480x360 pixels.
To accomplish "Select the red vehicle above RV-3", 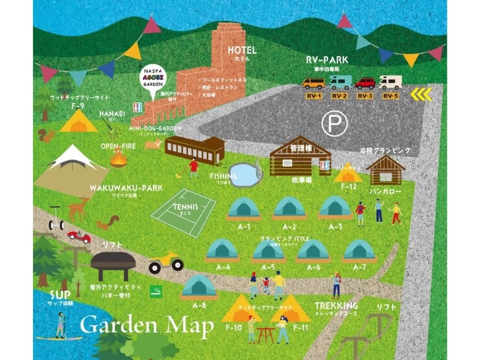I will click(365, 83).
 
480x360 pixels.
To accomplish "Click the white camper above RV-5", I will click(390, 82).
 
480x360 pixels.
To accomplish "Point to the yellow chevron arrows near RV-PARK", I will click(424, 95).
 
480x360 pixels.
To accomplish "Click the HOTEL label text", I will click(242, 50).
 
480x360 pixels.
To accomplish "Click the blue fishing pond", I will click(243, 173).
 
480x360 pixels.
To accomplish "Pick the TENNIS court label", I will click(183, 206).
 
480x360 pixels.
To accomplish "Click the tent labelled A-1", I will click(244, 208).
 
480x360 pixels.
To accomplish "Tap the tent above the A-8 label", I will click(199, 286).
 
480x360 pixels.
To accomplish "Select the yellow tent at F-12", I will click(348, 173).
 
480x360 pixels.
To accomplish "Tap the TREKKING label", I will click(337, 306).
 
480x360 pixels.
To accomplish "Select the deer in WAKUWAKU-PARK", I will click(78, 208).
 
